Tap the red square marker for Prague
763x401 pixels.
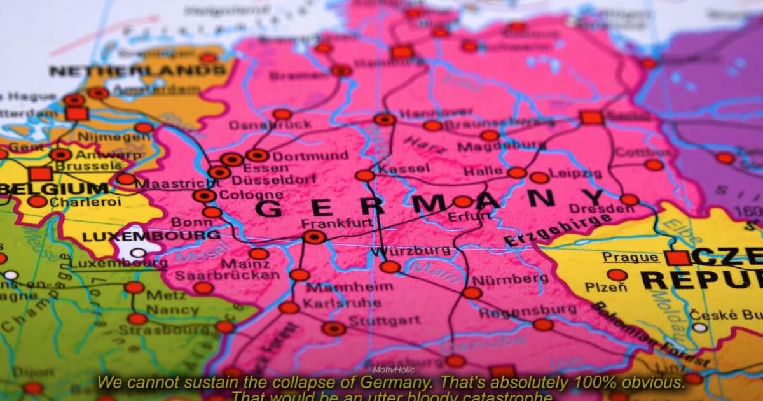pyautogui.click(x=677, y=258)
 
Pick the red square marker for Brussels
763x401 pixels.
pyautogui.click(x=40, y=174)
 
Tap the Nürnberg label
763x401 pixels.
pyautogui.click(x=519, y=279)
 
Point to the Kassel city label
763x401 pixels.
pyautogui.click(x=404, y=169)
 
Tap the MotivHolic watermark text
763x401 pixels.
pyautogui.click(x=390, y=369)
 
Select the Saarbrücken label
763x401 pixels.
pyautogui.click(x=226, y=275)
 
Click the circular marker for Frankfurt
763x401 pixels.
pyautogui.click(x=314, y=237)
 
